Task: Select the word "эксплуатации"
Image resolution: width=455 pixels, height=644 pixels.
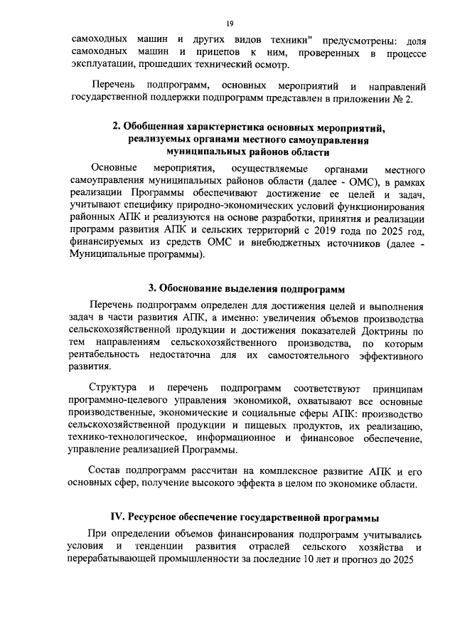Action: [106, 67]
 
